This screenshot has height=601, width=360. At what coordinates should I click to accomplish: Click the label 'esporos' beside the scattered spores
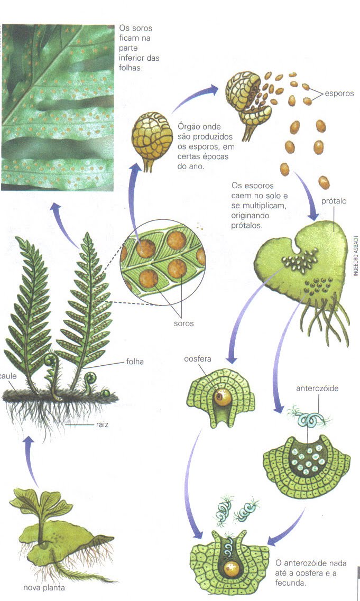[339, 94]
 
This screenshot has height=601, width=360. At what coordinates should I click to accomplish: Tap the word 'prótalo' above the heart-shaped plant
[334, 201]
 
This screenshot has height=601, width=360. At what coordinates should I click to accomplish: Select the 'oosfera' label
[197, 359]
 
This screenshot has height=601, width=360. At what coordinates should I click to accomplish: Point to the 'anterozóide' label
[317, 389]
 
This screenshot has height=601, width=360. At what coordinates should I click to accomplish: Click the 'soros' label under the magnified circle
[183, 323]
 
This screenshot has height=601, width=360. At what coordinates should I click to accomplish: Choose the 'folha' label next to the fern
[135, 362]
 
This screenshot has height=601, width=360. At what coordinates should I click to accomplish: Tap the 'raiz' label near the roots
[102, 424]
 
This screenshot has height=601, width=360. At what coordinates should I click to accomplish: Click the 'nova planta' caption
[44, 588]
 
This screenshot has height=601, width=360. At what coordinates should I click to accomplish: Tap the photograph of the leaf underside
[58, 107]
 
